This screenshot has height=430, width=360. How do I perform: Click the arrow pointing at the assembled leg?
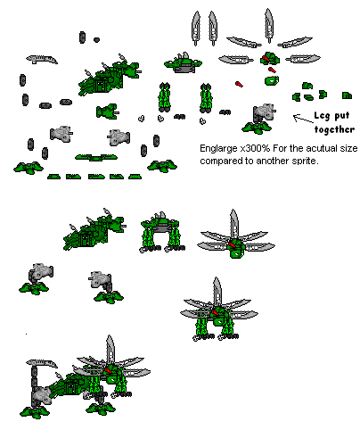302,117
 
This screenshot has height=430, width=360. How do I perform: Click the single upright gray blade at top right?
269,25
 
